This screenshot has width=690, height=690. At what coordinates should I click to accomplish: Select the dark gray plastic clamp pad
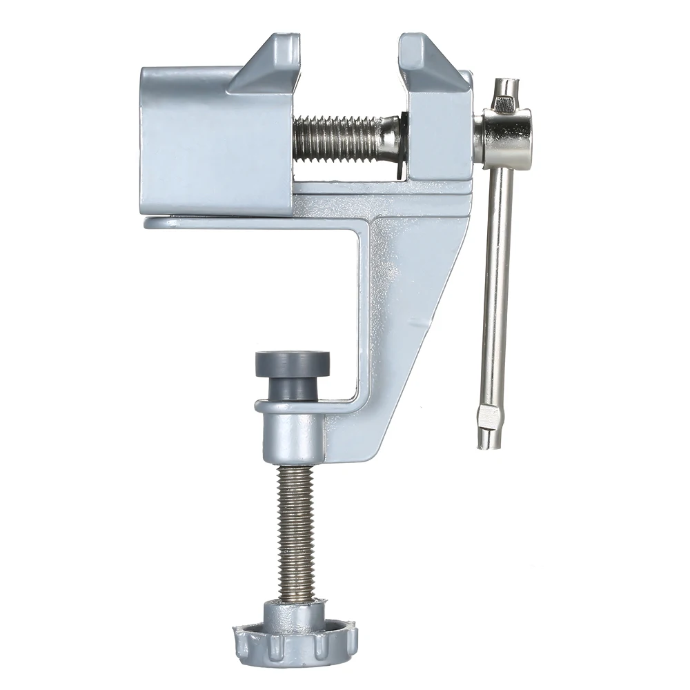[x=292, y=365]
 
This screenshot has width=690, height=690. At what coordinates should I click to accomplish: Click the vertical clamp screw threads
[x=297, y=531]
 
